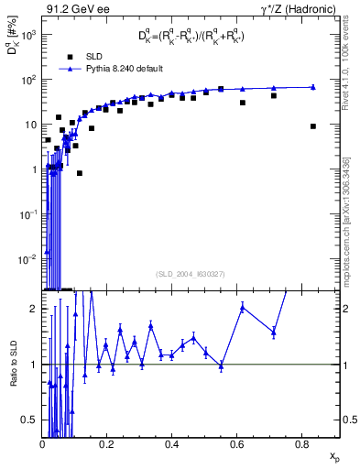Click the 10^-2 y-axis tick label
tap(27, 258)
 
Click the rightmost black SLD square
tap(313, 126)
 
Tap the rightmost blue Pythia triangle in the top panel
tap(313, 87)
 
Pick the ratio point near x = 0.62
tap(243, 307)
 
